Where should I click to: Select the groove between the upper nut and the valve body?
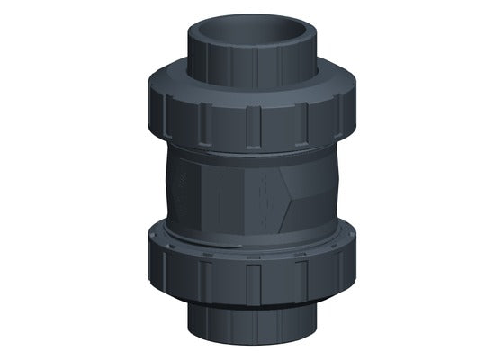[x=252, y=148]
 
